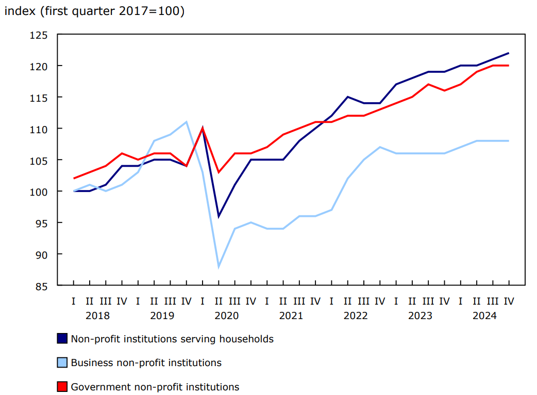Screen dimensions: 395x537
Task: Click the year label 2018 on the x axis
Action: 97,315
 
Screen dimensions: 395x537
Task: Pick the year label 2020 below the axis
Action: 226,315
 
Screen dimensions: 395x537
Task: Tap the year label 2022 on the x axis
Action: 356,315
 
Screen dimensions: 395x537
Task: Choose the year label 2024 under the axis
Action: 484,315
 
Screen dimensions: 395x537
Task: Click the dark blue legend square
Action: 62,339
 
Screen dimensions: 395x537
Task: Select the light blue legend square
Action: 62,362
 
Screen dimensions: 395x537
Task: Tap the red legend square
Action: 62,386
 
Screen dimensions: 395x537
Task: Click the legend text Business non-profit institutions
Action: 146,362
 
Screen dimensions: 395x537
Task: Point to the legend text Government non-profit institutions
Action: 155,386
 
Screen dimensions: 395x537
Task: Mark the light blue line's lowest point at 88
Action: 219,266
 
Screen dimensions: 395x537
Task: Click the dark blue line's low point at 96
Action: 219,216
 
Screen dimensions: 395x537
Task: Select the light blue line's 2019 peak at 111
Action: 186,122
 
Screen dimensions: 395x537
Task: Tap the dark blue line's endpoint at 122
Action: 509,53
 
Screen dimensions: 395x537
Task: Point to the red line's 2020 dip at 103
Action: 219,172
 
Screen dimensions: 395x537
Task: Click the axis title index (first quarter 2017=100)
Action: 94,11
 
